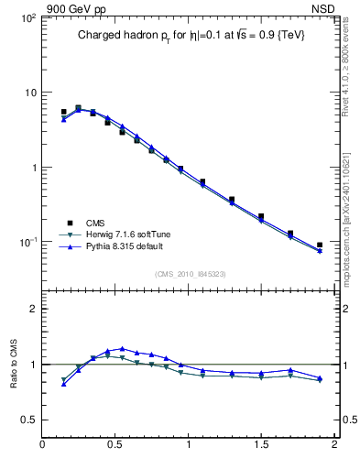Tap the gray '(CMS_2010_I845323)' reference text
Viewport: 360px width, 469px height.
tap(191, 273)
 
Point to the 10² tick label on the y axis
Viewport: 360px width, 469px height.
tap(27, 17)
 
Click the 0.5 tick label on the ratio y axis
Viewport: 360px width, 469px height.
tap(27, 420)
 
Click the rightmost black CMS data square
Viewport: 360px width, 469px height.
tap(320, 245)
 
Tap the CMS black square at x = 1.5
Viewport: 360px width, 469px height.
tap(261, 217)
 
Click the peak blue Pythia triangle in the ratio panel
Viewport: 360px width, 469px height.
tap(122, 348)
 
